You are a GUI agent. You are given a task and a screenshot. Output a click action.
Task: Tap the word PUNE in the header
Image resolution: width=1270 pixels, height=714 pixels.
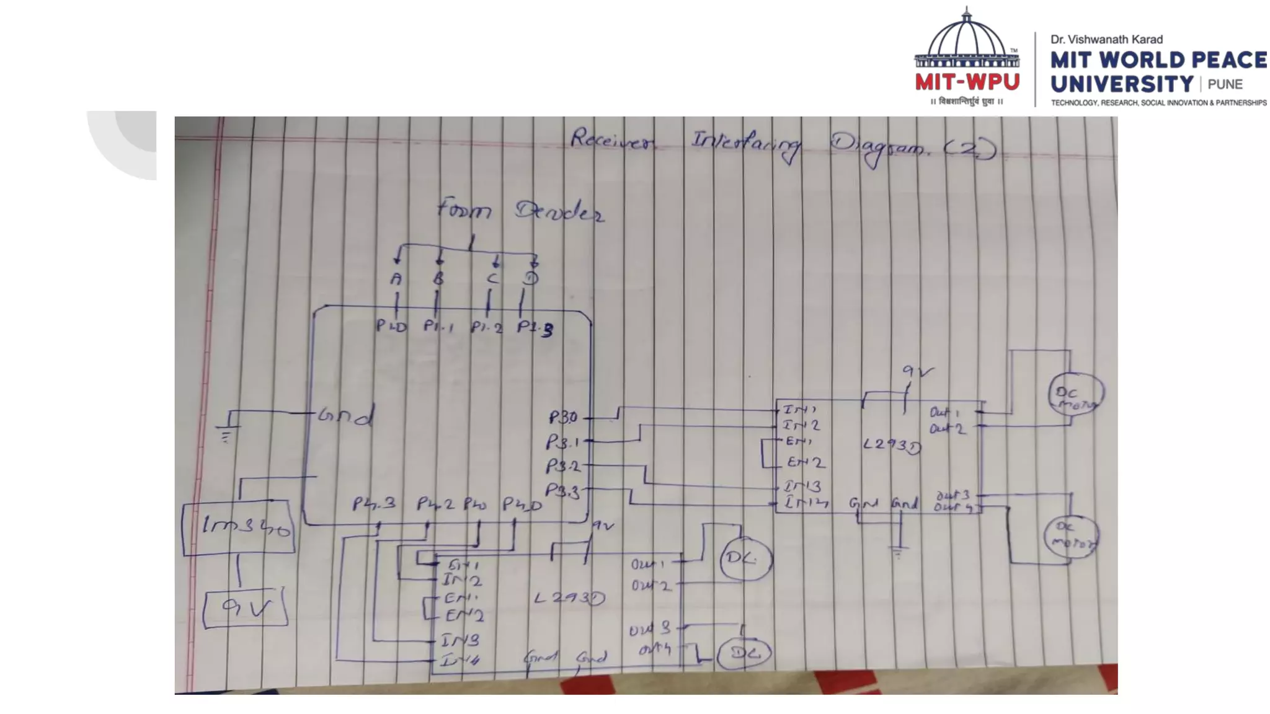[1225, 85]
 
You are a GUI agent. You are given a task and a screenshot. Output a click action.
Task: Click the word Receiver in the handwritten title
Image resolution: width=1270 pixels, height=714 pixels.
[611, 140]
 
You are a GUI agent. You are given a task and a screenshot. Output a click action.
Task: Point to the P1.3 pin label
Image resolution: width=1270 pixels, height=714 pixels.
[535, 328]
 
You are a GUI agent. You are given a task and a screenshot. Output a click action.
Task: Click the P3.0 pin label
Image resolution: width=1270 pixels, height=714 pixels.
[563, 417]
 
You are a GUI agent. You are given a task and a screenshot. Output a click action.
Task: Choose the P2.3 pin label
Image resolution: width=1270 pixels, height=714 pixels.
[374, 503]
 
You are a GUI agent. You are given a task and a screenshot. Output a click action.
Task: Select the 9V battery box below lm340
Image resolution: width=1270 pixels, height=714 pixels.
[246, 609]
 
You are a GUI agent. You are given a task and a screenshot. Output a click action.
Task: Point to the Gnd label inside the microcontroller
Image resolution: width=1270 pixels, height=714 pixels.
[345, 415]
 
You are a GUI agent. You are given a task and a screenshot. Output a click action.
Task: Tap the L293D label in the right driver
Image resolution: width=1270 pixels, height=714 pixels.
[892, 445]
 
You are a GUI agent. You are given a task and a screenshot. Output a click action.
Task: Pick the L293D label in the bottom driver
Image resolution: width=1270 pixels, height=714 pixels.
[569, 598]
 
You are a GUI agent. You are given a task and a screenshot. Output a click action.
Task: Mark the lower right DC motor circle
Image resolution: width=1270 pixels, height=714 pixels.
[1071, 537]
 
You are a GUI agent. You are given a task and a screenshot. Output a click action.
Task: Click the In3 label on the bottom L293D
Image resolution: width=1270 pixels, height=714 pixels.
[460, 640]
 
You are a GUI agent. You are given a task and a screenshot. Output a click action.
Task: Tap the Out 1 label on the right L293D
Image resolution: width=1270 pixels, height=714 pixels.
[944, 412]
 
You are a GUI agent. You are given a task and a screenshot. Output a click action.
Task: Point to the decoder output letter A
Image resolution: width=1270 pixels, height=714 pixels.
[396, 279]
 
